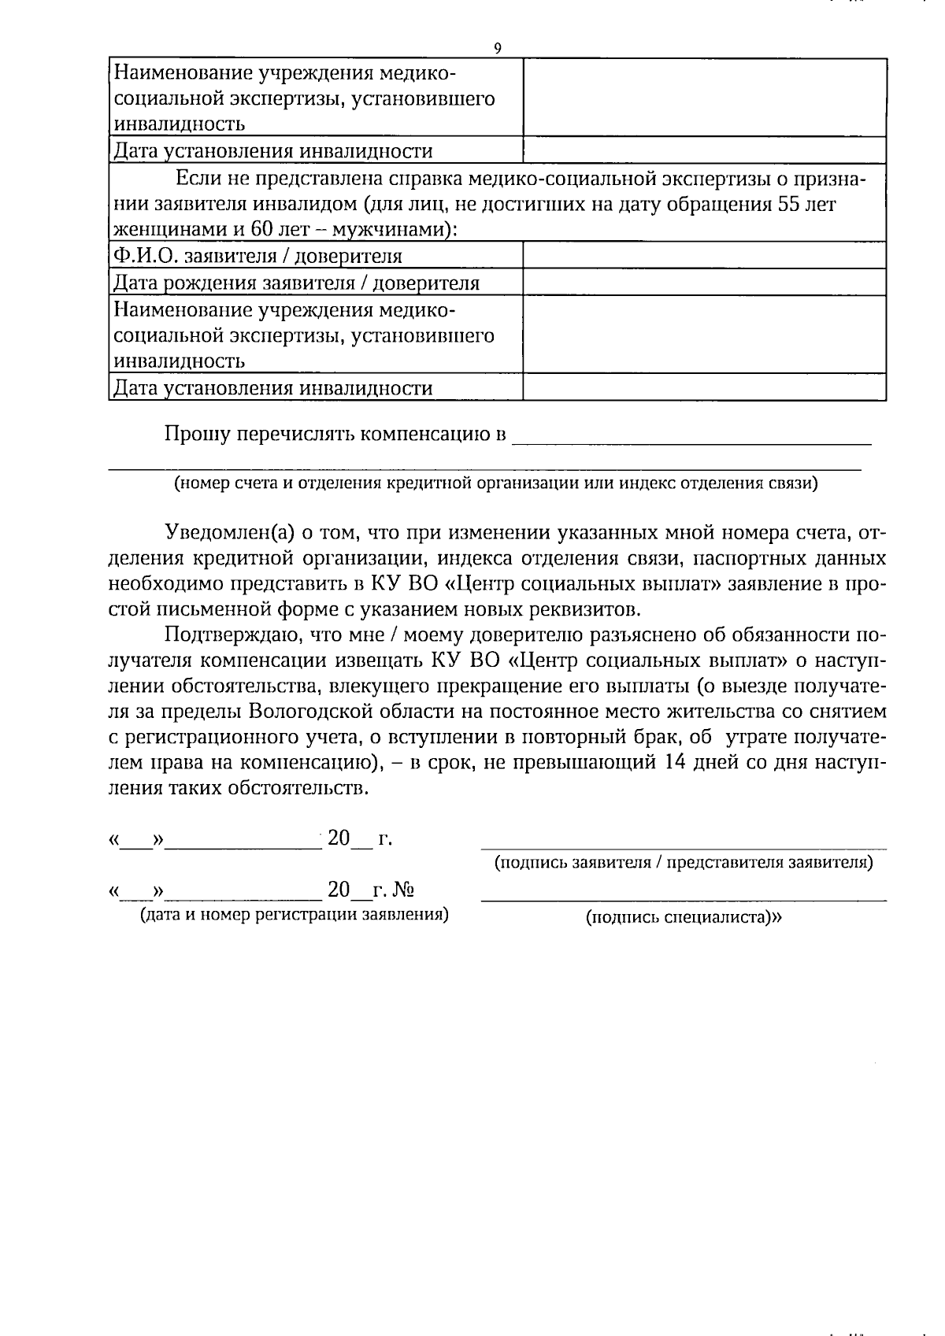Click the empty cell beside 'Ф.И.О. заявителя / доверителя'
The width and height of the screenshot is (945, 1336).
coord(704,255)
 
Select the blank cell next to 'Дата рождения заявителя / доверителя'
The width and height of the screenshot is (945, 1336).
coord(704,282)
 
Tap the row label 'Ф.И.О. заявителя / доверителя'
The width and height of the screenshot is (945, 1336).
coord(258,256)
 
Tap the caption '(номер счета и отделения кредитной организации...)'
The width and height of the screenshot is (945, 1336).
coord(496,483)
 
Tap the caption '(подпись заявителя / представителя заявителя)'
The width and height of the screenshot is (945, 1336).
coord(684,862)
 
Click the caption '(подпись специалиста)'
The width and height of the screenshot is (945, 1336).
coord(684,916)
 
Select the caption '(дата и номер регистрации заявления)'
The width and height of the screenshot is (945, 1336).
coord(294,914)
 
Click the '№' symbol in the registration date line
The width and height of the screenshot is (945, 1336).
coord(404,890)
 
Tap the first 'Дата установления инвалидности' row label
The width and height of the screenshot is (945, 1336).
coord(273,151)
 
